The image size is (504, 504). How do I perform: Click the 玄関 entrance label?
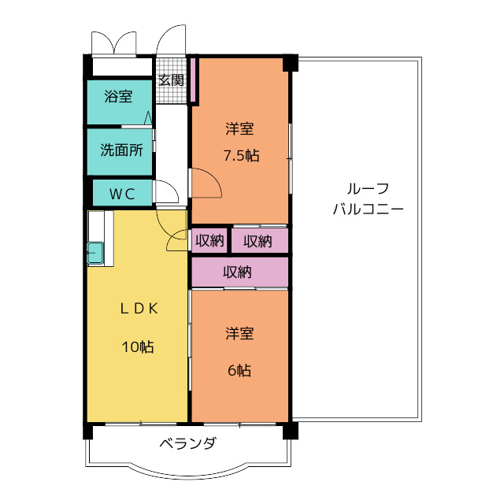pos(172,80)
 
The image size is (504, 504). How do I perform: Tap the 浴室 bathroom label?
pos(118,96)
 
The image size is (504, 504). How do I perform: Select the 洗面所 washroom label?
pos(121,150)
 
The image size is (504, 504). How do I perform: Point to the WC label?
pos(122,194)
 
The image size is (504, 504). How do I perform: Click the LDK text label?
pos(139,309)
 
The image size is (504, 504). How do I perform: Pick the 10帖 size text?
pos(138,347)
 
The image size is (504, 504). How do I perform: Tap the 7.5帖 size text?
pos(242,156)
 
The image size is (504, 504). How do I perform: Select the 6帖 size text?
pos(239,370)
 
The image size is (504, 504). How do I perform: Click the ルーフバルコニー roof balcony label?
pos(368,199)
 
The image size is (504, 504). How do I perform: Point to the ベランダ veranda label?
pos(188,443)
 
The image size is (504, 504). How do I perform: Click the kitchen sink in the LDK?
pos(95,253)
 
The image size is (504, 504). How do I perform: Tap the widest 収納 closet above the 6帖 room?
pos(239,272)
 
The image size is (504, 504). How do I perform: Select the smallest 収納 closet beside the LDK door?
pos(209,240)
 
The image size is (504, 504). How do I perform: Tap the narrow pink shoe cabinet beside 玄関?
pos(193,80)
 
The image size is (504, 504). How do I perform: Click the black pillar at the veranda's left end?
pos(87,431)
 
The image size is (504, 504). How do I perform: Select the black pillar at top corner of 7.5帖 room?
pos(291,63)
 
